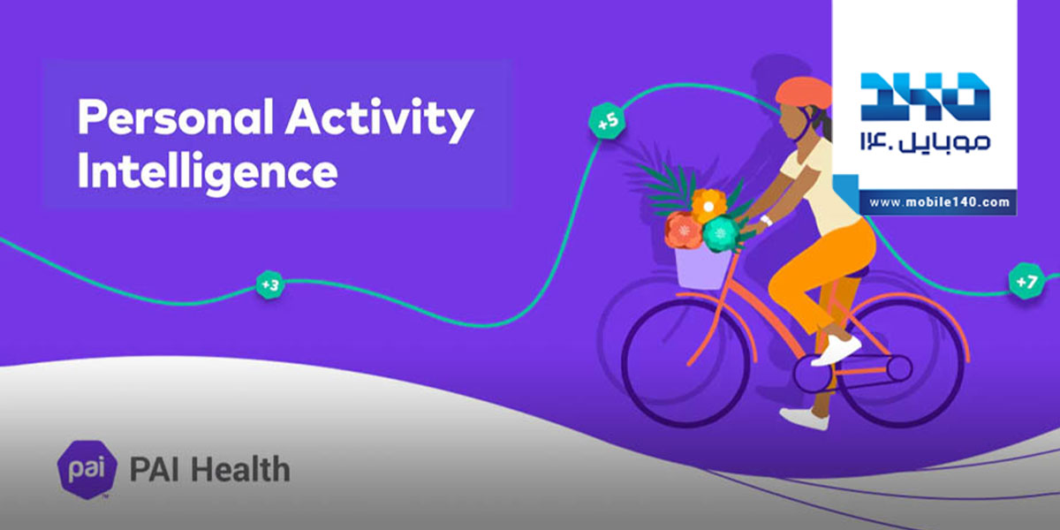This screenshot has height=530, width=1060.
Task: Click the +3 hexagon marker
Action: tap(270, 284)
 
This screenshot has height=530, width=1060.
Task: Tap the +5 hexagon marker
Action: tap(607, 121)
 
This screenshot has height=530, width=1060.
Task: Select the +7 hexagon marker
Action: tap(1026, 281)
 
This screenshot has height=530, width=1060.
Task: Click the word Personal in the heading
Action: tap(175, 117)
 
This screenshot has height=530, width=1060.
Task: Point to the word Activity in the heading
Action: tap(380, 119)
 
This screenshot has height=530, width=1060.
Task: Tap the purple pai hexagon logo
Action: tap(87, 469)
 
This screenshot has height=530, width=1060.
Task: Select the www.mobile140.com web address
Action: tap(939, 202)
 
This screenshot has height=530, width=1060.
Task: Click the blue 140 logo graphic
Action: tap(925, 96)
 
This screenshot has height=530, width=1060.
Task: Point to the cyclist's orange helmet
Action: tap(803, 92)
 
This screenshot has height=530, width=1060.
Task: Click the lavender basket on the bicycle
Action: tap(702, 268)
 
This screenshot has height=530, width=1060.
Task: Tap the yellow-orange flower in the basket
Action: tap(708, 206)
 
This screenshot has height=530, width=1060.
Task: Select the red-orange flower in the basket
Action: tap(684, 230)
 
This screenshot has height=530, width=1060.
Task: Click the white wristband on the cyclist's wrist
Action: tap(766, 220)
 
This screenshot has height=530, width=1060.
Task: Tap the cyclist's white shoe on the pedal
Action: tap(836, 351)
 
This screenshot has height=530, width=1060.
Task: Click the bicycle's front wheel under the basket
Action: tap(685, 362)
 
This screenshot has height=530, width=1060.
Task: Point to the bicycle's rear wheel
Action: tap(901, 362)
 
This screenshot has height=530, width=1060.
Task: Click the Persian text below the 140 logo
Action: tap(925, 142)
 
